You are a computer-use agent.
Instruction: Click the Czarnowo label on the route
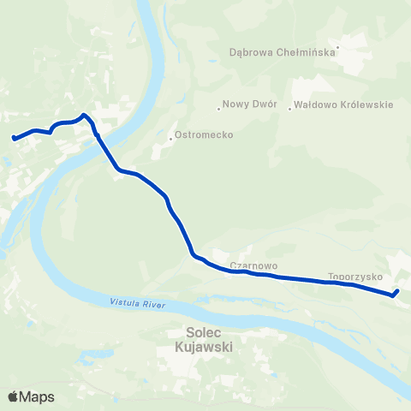[x=252, y=265]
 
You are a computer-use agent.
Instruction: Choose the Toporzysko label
[x=354, y=277]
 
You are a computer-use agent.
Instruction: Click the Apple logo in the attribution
[x=13, y=396]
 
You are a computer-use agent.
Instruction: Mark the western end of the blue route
[x=14, y=137]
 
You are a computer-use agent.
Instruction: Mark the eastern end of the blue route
[x=396, y=293]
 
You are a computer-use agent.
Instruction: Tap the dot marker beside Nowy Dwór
[x=219, y=108]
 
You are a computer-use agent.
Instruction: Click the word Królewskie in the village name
[x=364, y=105]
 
